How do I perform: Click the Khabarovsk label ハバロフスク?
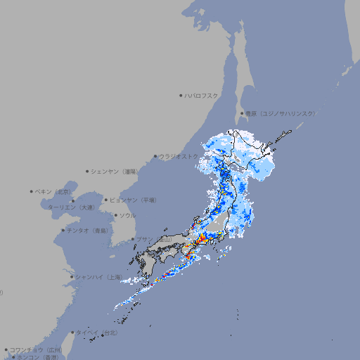pyautogui.click(x=202, y=96)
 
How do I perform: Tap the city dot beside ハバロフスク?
pyautogui.click(x=181, y=96)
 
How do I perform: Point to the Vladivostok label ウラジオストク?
pyautogui.click(x=179, y=156)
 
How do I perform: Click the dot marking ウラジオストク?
pyautogui.click(x=155, y=157)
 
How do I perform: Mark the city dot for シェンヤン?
pyautogui.click(x=88, y=171)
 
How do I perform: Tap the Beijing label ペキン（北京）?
pyautogui.click(x=53, y=191)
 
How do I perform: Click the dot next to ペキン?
pyautogui.click(x=32, y=191)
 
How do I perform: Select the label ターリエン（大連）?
pyautogui.click(x=71, y=207)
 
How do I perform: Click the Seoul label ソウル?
pyautogui.click(x=127, y=215)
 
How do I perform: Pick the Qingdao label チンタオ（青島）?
pyautogui.click(x=88, y=230)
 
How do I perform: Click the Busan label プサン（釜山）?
pyautogui.click(x=154, y=239)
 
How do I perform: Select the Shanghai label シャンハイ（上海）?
pyautogui.click(x=98, y=276)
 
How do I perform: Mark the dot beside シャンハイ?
pyautogui.click(x=72, y=276)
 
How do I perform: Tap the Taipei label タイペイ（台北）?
pyautogui.click(x=97, y=332)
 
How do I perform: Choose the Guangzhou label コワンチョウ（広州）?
pyautogui.click(x=36, y=349)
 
